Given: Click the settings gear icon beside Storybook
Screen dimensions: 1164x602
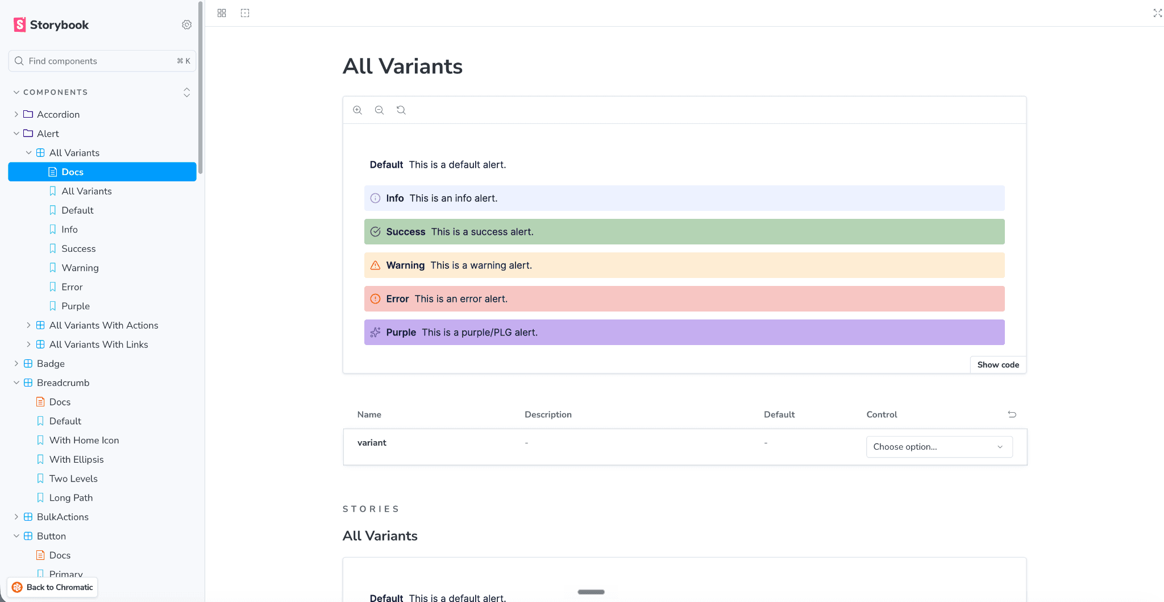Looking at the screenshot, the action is (186, 24).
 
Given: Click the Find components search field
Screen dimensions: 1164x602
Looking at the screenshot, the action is (102, 61).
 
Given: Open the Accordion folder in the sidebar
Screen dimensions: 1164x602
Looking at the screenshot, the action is (58, 114).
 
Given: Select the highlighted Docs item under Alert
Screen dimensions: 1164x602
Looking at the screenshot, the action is (102, 172).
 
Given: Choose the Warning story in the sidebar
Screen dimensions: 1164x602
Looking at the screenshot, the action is (80, 268).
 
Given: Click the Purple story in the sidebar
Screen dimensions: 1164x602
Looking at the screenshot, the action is (76, 306).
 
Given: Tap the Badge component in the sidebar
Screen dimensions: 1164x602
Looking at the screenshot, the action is (51, 363).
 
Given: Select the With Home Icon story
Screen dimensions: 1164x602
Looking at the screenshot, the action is (84, 440).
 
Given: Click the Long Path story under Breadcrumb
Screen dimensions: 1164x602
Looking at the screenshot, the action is (71, 497).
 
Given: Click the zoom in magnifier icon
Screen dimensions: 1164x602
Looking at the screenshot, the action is (357, 110).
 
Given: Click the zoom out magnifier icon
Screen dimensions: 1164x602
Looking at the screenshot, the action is (379, 110).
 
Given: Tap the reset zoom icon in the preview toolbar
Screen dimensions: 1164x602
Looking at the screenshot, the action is (401, 110).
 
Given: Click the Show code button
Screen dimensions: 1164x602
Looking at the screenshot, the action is (998, 365).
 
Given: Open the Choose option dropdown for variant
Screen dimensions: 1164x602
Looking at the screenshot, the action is (939, 447).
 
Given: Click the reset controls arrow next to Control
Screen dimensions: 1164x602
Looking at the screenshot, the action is (1012, 414).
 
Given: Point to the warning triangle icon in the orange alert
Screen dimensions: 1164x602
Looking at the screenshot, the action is (375, 265).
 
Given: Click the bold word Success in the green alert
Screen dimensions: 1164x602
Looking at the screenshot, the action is (406, 232).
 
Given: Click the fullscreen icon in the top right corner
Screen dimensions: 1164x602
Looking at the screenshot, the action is (1158, 13).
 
